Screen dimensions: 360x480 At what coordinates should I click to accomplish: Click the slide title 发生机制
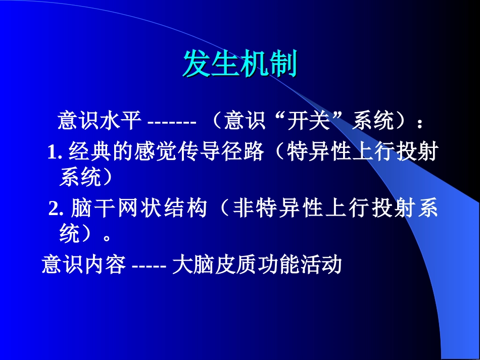tap(239, 64)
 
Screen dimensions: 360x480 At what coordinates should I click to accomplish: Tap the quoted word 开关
tap(306, 121)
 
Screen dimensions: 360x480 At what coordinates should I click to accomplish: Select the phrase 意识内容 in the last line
tap(83, 265)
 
